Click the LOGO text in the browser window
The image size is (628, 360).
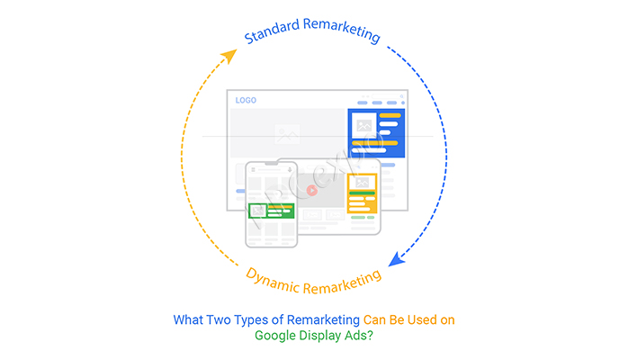pos(246,100)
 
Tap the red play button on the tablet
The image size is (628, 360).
pos(311,190)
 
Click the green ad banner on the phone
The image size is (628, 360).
pos(272,211)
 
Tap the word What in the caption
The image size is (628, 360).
pos(187,319)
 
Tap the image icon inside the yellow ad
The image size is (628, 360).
pos(363,184)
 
